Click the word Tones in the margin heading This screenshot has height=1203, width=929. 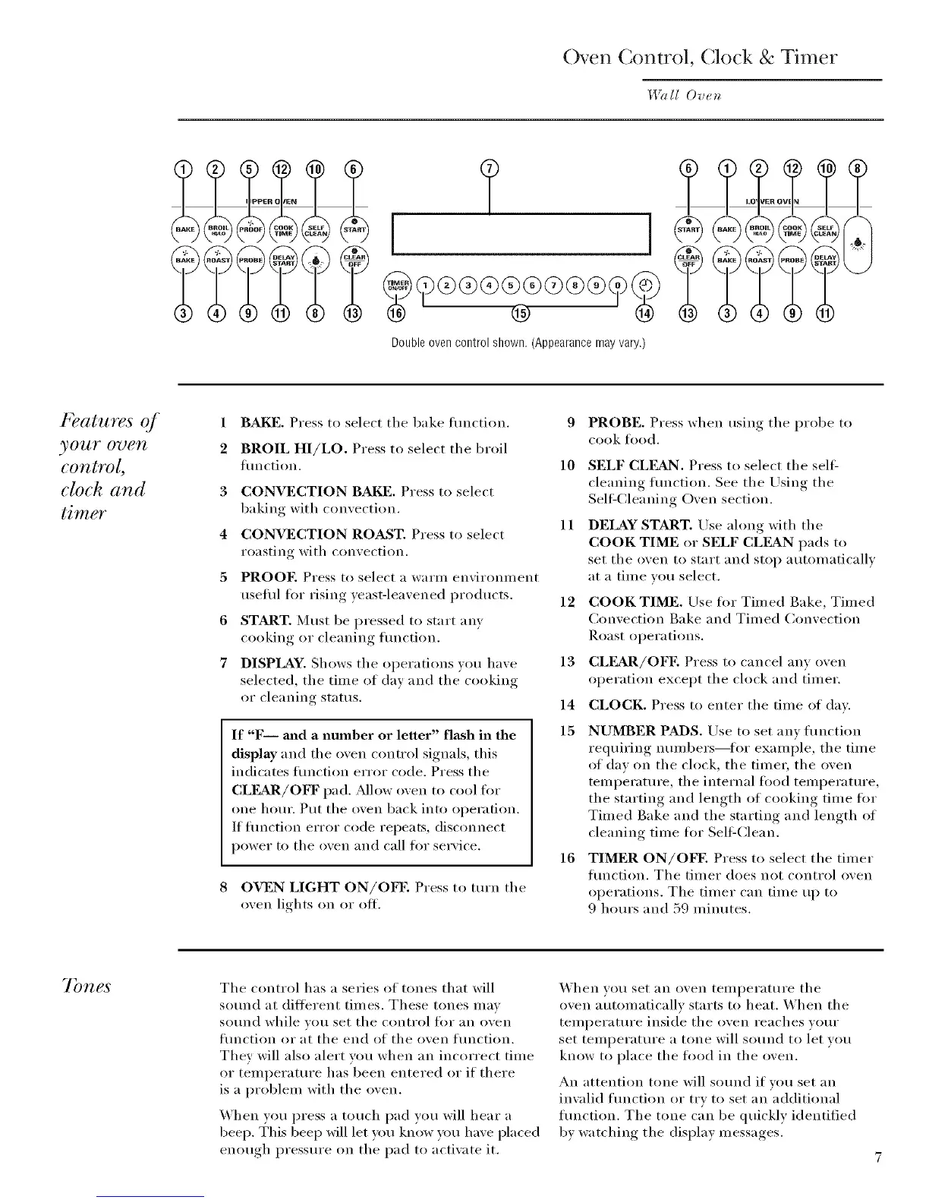click(x=86, y=986)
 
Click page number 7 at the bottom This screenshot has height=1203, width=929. click(x=877, y=1158)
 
